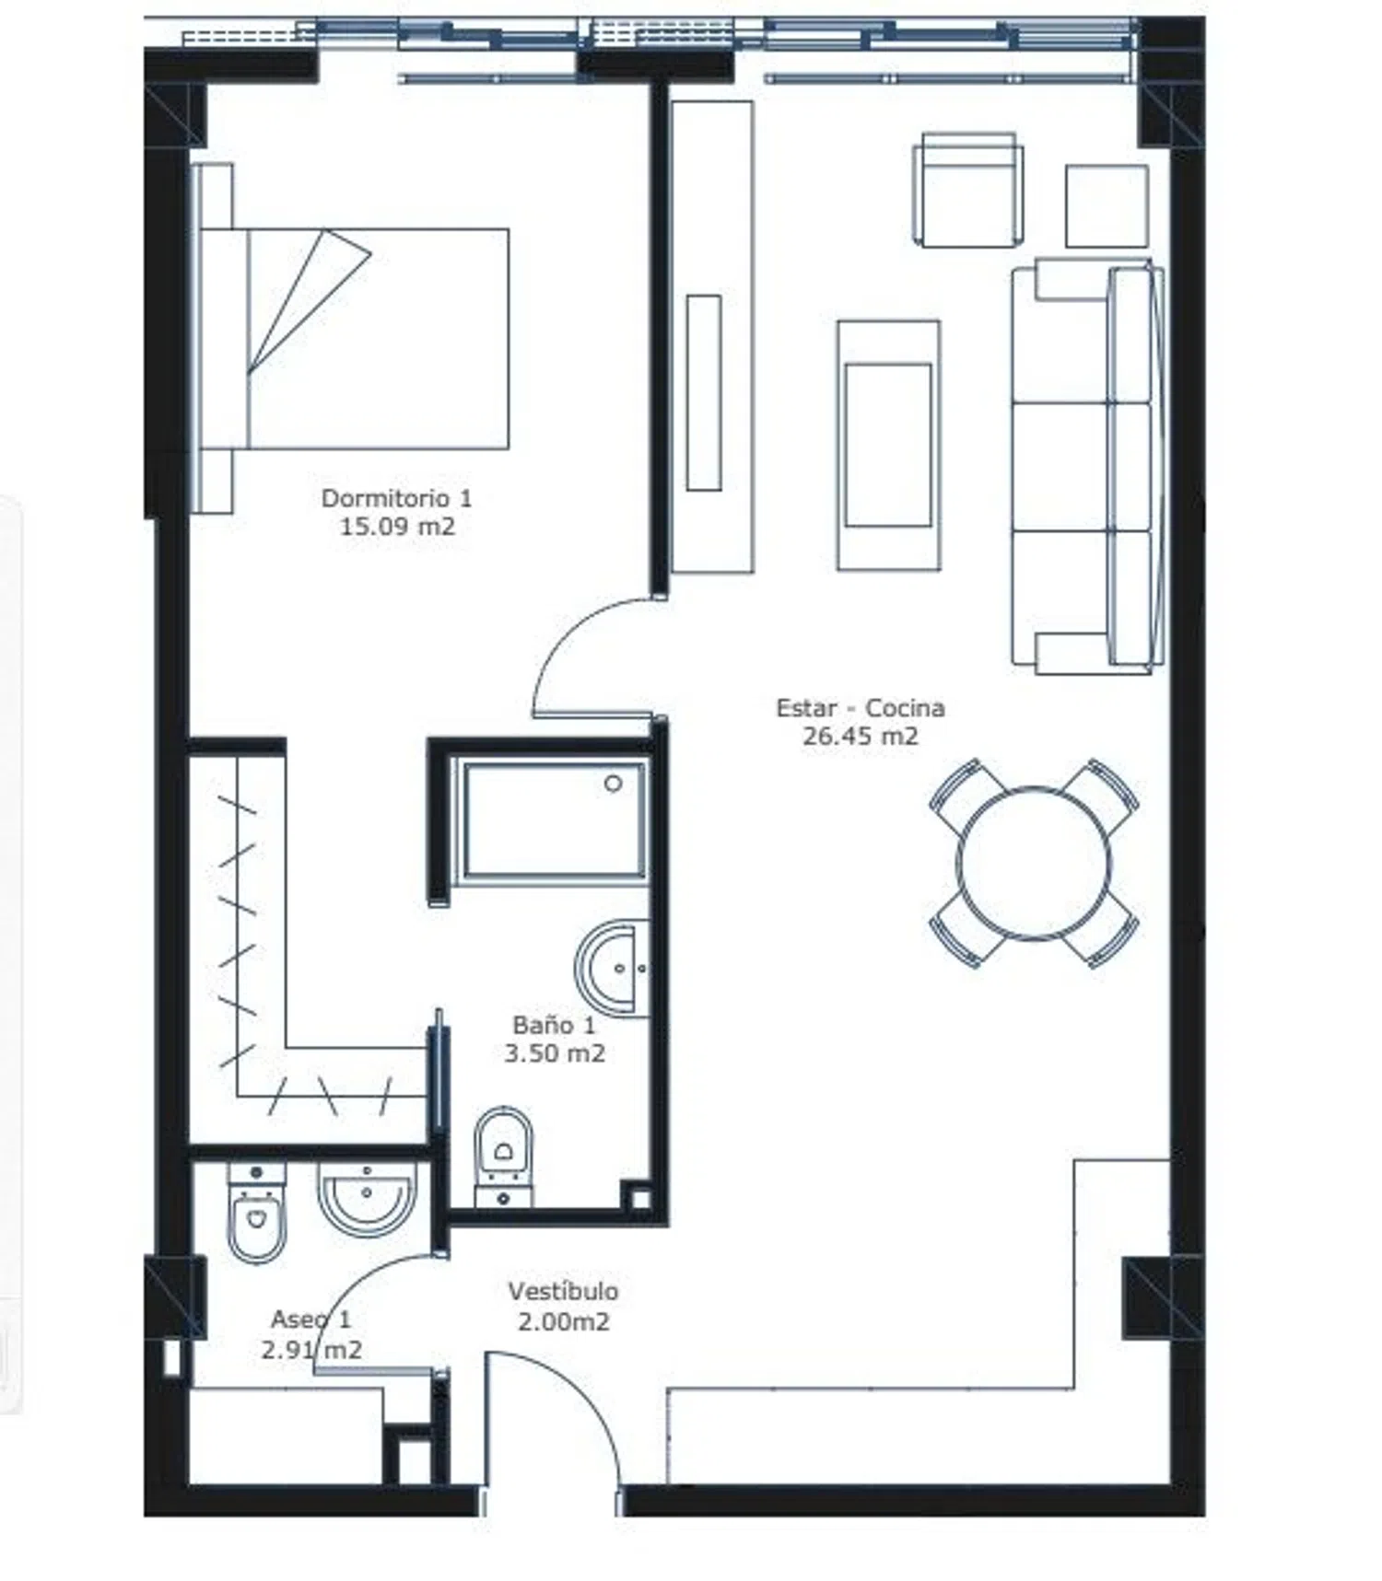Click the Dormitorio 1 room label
pyautogui.click(x=396, y=498)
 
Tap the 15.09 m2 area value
pyautogui.click(x=397, y=527)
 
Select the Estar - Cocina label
pyautogui.click(x=861, y=707)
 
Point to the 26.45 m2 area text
pyautogui.click(x=861, y=736)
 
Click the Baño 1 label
pyautogui.click(x=554, y=1024)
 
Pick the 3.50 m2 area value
pyautogui.click(x=554, y=1052)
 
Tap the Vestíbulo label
pyautogui.click(x=563, y=1291)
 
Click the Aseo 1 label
pyautogui.click(x=310, y=1319)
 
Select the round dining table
pyautogui.click(x=1034, y=864)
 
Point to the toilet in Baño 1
pyautogui.click(x=504, y=1157)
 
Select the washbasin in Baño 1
pyautogui.click(x=612, y=968)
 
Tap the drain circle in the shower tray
pyautogui.click(x=614, y=784)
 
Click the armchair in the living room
pyautogui.click(x=968, y=190)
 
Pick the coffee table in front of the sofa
pyautogui.click(x=888, y=446)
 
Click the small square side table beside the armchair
pyautogui.click(x=1107, y=206)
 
